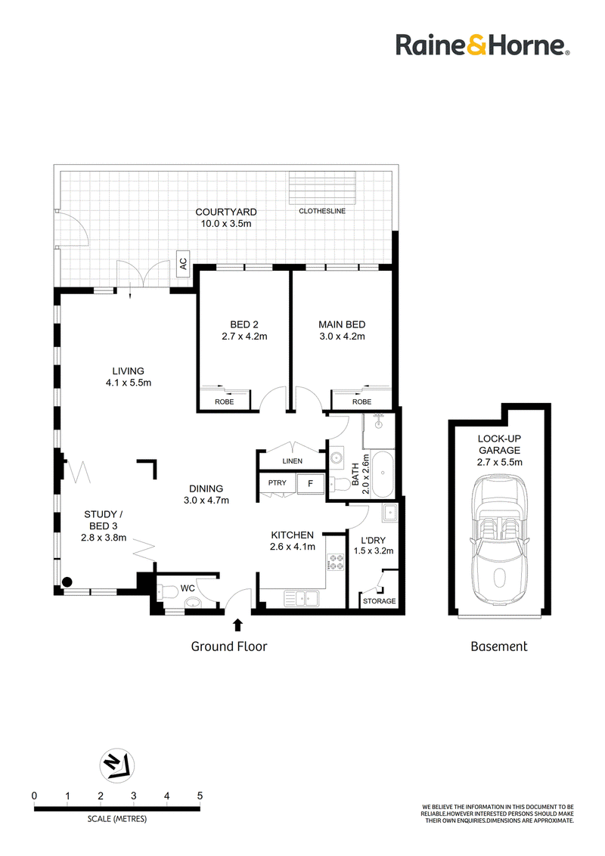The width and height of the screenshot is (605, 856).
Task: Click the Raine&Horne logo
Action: point(482,45)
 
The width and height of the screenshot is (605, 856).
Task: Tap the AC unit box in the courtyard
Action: point(183,264)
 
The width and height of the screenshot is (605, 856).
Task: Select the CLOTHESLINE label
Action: point(322,211)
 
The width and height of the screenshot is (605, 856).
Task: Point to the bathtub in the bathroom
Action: point(382,474)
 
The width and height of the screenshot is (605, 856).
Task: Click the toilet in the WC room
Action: point(166,591)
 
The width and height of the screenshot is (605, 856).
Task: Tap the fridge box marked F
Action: point(310,483)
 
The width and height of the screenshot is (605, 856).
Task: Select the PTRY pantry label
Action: point(278,482)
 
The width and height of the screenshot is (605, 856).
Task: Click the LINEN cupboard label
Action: point(292,461)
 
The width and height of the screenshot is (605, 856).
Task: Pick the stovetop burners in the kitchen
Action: point(335,563)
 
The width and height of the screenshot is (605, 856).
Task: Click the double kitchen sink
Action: point(301,599)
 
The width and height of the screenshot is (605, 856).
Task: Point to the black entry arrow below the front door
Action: point(238,625)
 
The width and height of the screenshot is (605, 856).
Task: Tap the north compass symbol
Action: point(117,765)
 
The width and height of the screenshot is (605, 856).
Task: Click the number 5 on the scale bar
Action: point(200,796)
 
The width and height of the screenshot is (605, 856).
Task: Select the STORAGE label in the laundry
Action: point(380,601)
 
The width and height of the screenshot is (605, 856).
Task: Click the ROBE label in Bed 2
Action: point(224,402)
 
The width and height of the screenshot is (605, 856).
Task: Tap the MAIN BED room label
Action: point(342,324)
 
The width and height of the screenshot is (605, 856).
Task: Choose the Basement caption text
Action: point(499,647)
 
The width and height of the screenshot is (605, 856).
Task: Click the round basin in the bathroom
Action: point(337,457)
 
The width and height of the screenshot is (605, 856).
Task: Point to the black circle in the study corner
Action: point(67,582)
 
